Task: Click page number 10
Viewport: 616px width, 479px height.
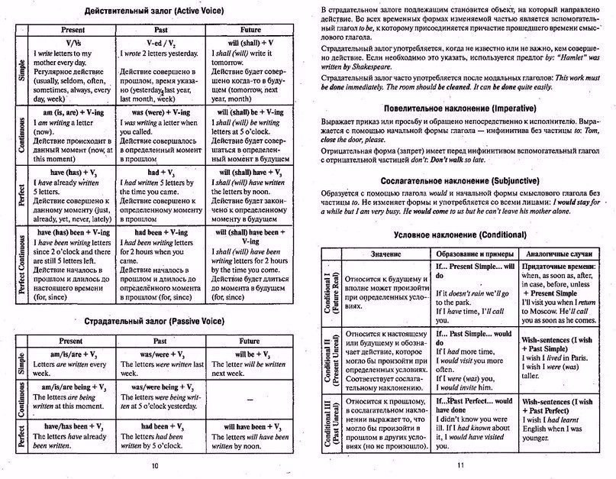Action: click(x=155, y=465)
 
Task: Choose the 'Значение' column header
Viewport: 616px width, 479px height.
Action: click(x=385, y=253)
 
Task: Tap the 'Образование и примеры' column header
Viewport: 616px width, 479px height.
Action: click(x=475, y=253)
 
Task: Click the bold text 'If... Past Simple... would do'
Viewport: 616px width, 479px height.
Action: click(x=473, y=338)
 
